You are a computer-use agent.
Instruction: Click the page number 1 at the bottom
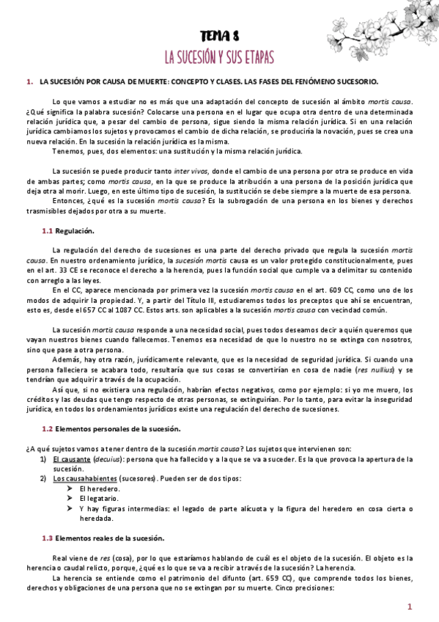(410, 606)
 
